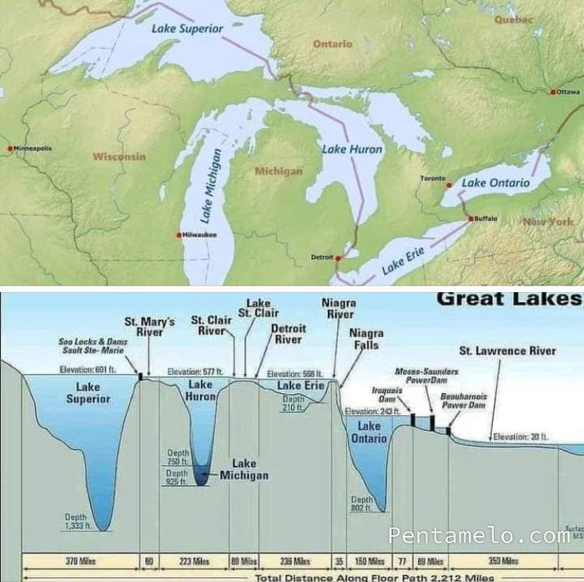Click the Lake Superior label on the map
pos(188,28)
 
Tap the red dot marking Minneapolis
pos(10,149)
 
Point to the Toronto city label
pos(432,179)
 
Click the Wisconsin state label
pos(118,157)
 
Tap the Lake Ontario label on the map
pos(496,183)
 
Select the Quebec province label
pos(514,19)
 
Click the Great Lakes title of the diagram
pos(509,299)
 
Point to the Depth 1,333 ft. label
pos(76,522)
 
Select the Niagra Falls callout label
pos(366,339)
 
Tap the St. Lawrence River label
pos(507,351)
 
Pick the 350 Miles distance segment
pos(503,561)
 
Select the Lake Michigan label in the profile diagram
pos(244,469)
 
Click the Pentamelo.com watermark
pos(479,535)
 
